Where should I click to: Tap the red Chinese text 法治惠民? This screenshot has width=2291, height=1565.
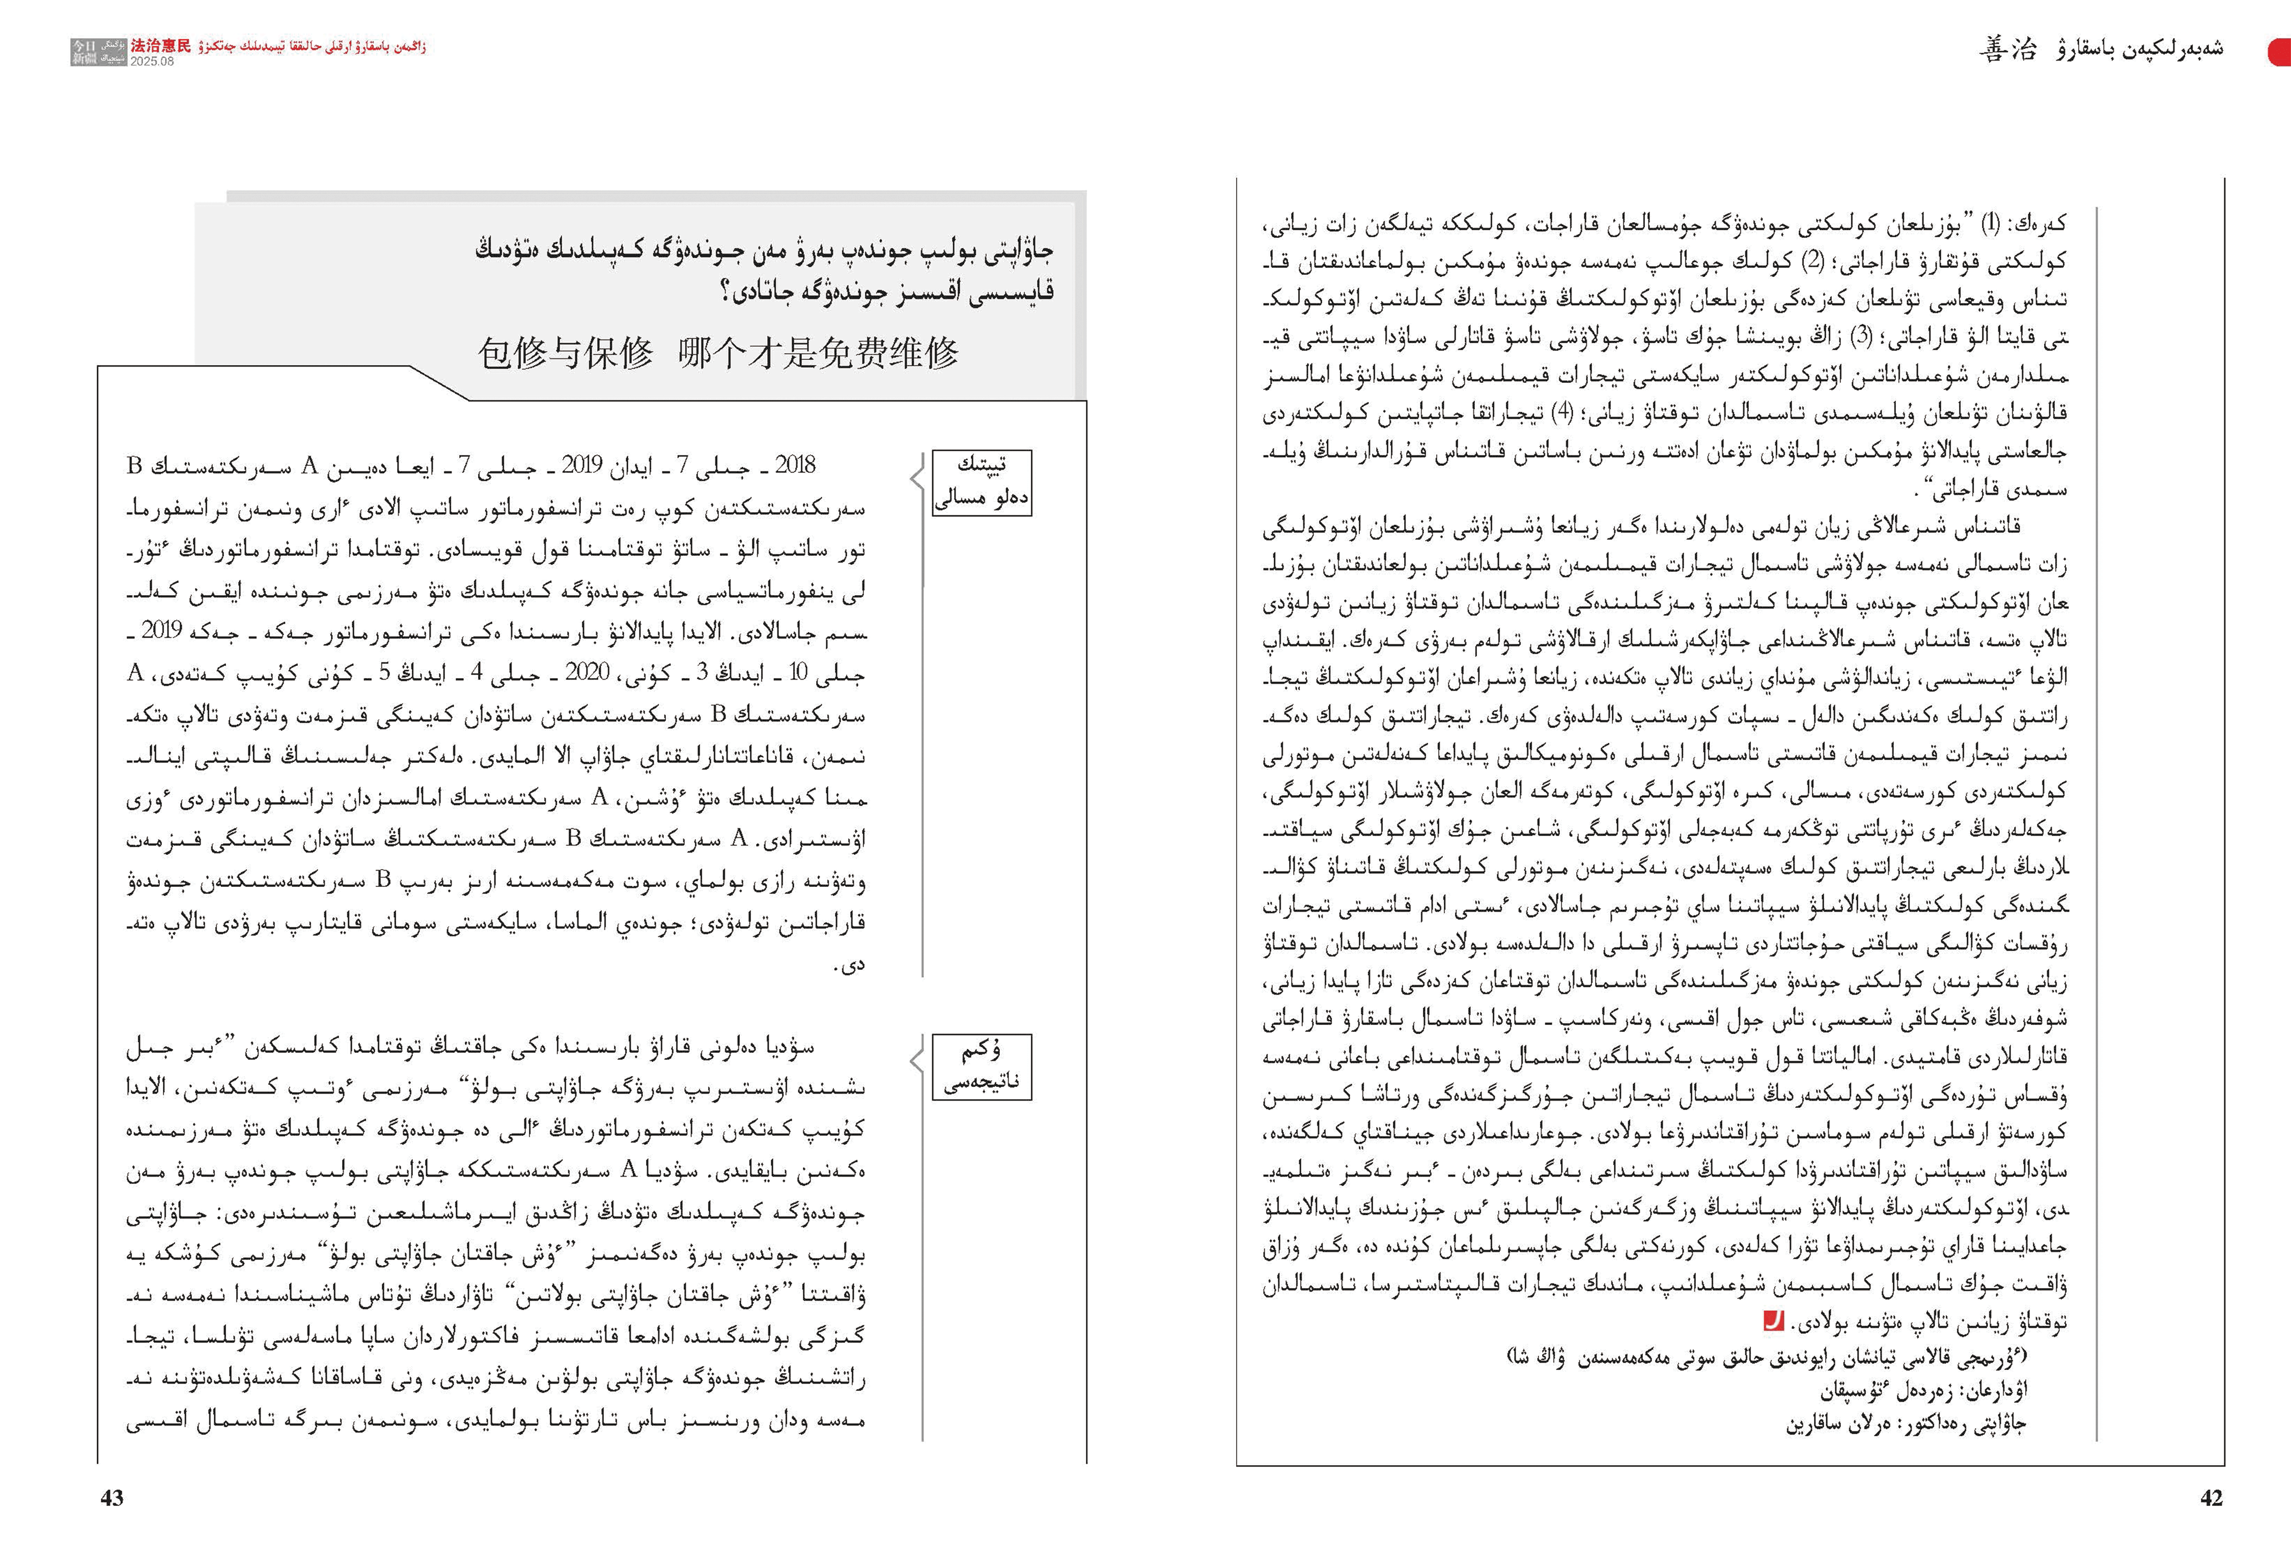(x=161, y=45)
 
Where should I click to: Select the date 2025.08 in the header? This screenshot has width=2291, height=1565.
(x=152, y=61)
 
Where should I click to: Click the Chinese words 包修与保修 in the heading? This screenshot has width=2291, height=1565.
(x=565, y=352)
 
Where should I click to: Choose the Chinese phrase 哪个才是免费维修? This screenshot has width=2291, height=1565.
(x=818, y=352)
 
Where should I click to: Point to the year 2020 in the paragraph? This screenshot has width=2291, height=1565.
(x=588, y=672)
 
